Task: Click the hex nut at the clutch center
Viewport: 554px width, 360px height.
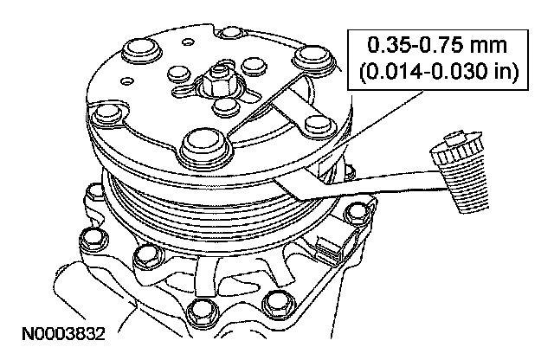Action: click(216, 85)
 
